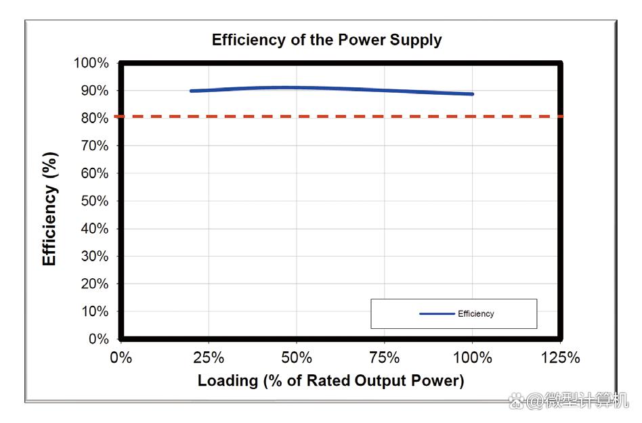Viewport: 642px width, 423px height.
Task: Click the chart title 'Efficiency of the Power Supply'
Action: coord(326,40)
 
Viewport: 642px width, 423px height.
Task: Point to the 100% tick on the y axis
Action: coord(91,63)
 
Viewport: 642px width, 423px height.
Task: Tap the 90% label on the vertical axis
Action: coord(93,91)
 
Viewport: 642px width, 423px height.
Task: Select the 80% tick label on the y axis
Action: coord(93,118)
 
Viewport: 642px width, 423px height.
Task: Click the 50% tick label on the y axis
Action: coord(93,201)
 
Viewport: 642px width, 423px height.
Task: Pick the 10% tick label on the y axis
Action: coord(93,311)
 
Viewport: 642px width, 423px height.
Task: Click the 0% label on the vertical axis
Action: coord(98,339)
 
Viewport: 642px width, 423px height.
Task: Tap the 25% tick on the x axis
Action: coord(209,357)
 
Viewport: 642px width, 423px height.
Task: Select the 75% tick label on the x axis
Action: coord(385,357)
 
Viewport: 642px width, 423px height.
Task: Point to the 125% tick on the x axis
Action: coord(560,357)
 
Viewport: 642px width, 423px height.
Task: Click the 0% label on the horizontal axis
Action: coord(121,357)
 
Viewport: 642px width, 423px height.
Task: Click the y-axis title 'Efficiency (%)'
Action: coord(49,208)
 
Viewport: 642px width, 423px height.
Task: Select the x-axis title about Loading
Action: coord(330,380)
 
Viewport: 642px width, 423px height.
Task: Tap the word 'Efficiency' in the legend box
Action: coord(476,314)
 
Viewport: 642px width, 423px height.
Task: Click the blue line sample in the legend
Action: coord(437,314)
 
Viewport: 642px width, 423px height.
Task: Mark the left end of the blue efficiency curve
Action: coord(191,91)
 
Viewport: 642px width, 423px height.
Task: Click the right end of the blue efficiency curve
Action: coord(472,94)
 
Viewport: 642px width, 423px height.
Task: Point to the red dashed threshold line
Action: coord(339,116)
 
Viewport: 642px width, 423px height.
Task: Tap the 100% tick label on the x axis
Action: coord(472,357)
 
